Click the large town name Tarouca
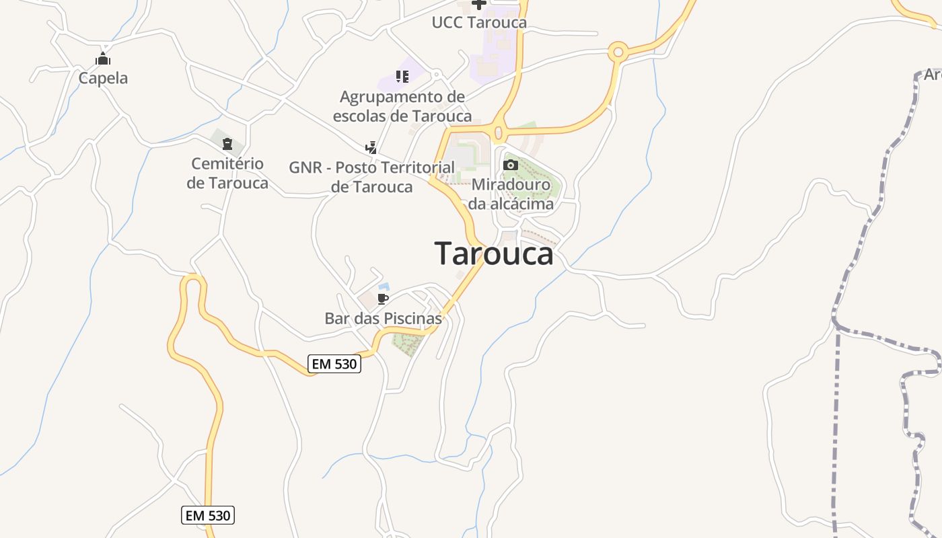[x=495, y=254]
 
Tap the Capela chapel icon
[x=102, y=59]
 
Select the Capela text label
[x=103, y=78]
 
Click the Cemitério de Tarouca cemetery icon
[x=227, y=144]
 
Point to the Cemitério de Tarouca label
[x=227, y=173]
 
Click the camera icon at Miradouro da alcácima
[x=510, y=165]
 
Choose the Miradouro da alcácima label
[x=511, y=194]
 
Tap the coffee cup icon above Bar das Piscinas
[x=383, y=299]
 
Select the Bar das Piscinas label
[x=383, y=318]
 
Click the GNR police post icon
[x=371, y=147]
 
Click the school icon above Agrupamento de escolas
[x=402, y=77]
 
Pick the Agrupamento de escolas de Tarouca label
[x=402, y=106]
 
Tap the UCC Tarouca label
[x=479, y=22]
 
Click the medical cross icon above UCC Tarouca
[x=478, y=4]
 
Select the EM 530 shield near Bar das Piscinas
[x=335, y=364]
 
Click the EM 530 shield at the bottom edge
[x=208, y=516]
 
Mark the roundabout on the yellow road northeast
[x=618, y=51]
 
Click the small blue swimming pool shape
[x=384, y=287]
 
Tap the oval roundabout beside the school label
[x=499, y=132]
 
